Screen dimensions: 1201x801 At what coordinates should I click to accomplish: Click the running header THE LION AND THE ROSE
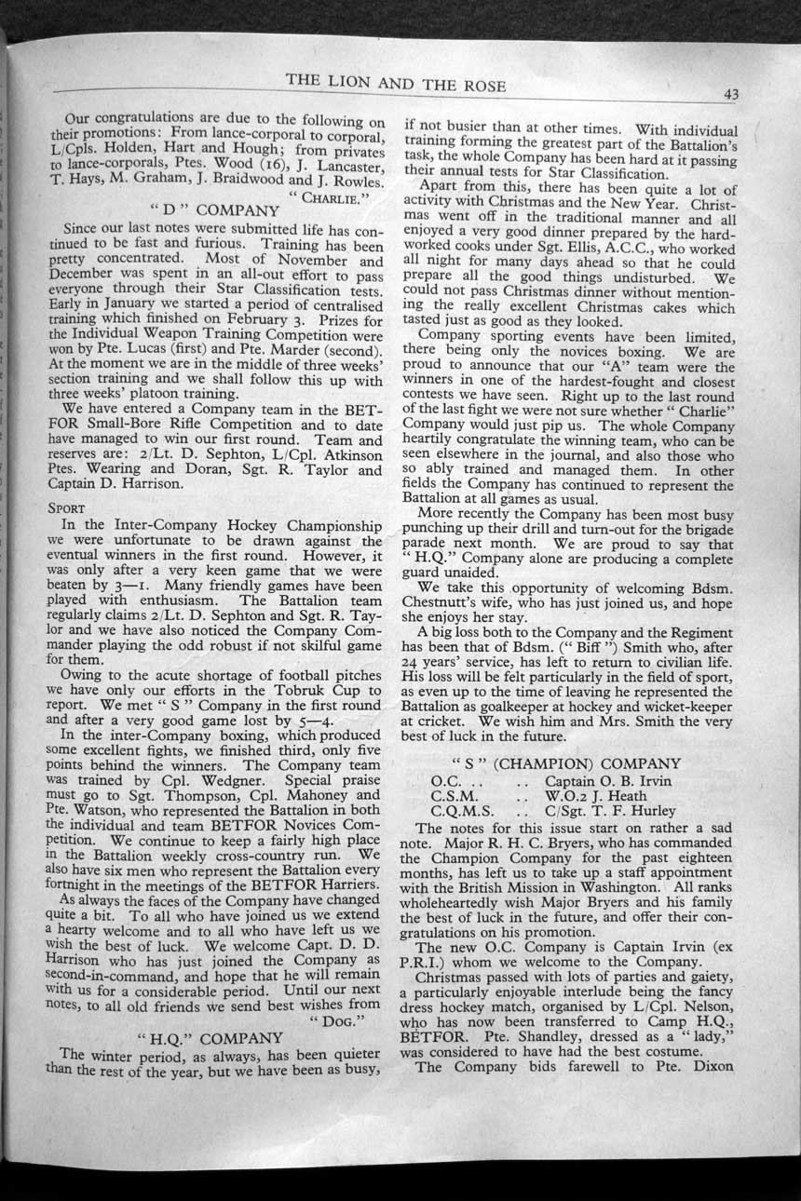tap(395, 86)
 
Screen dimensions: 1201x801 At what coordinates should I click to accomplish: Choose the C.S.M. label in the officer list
tap(455, 797)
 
